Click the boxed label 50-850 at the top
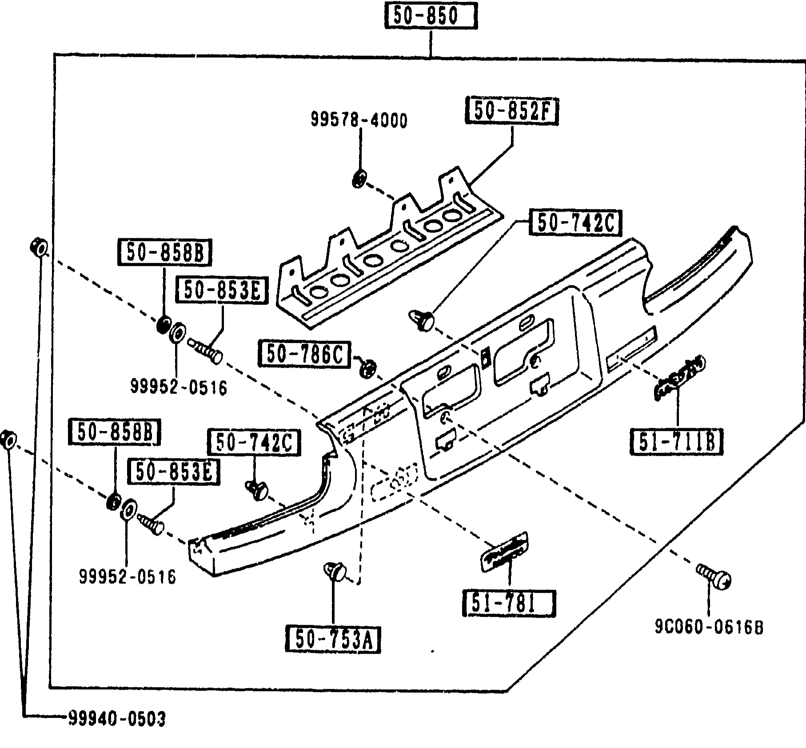click(x=431, y=16)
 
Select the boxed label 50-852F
click(x=511, y=111)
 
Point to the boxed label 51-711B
click(x=676, y=441)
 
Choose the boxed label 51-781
click(x=509, y=603)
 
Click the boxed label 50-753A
click(x=333, y=639)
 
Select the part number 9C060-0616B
click(x=709, y=627)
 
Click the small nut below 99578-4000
click(x=359, y=179)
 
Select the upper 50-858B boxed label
click(x=164, y=253)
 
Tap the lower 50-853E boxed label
click(x=173, y=471)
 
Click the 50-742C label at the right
click(x=575, y=223)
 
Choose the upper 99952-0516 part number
click(x=179, y=387)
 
